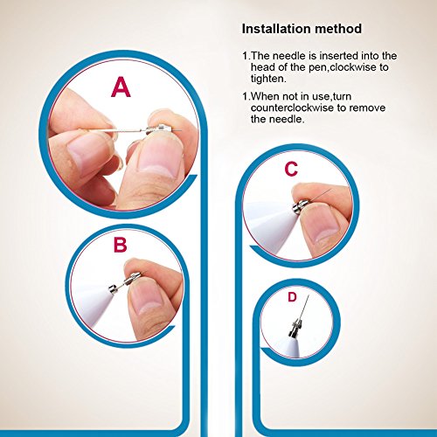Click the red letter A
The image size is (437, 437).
point(121,87)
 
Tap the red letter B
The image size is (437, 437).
point(120,245)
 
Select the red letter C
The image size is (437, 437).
point(291,169)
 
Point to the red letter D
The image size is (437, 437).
point(292,297)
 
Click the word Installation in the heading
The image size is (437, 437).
point(275,29)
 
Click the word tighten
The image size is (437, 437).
point(268,79)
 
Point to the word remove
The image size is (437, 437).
point(367,108)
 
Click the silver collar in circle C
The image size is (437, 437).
point(300,205)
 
